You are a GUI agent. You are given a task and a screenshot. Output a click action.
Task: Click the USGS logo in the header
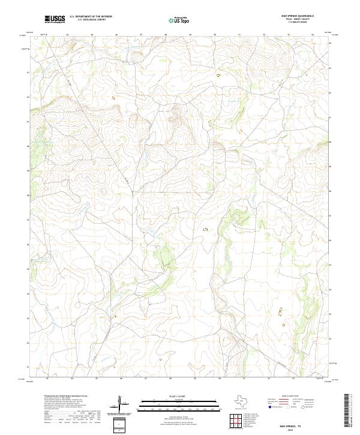point(55,20)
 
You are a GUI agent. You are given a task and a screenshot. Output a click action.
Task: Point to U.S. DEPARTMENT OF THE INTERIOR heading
point(91,17)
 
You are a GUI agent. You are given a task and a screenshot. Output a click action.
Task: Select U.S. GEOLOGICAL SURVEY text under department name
point(91,21)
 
